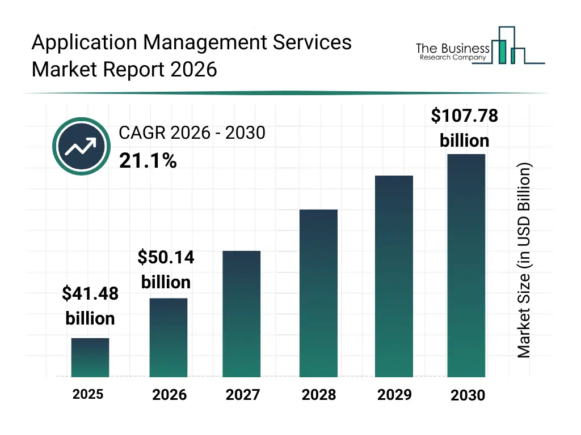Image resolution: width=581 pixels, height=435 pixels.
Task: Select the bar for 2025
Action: (x=90, y=357)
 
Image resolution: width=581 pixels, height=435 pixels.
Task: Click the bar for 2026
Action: (x=169, y=338)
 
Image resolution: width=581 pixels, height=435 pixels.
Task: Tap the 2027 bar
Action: (x=241, y=314)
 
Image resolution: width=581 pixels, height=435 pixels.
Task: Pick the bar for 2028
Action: (x=318, y=293)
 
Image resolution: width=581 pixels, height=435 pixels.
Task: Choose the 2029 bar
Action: (x=394, y=276)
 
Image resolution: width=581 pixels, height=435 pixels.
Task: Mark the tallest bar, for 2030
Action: (x=466, y=265)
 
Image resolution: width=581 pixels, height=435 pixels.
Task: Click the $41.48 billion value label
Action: (x=90, y=306)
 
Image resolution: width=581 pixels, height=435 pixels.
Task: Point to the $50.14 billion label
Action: (x=166, y=270)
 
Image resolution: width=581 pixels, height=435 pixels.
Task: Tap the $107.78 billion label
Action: (x=464, y=128)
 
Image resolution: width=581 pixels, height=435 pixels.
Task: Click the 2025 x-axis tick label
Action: (x=88, y=394)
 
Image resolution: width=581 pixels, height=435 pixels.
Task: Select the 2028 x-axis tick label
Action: (x=318, y=394)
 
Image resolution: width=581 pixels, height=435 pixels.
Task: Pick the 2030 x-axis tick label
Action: (x=468, y=395)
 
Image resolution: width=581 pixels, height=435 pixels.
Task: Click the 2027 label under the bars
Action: (x=242, y=394)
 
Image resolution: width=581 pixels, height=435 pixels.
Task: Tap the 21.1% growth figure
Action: (x=148, y=161)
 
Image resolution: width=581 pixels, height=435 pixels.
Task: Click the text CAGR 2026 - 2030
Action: (x=192, y=133)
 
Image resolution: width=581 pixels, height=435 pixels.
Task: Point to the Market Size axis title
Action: (x=524, y=261)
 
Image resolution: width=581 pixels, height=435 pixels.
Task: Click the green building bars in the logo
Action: (x=502, y=51)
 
